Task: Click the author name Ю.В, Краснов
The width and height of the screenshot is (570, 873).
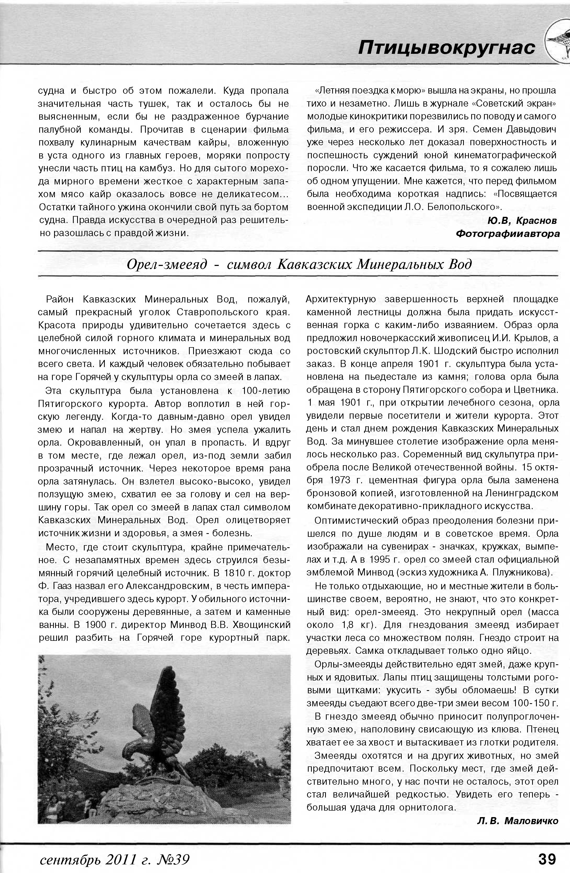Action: coord(522,220)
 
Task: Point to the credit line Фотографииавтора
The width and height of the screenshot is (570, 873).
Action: coord(508,234)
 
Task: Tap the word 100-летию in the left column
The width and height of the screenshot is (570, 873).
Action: coord(266,391)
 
